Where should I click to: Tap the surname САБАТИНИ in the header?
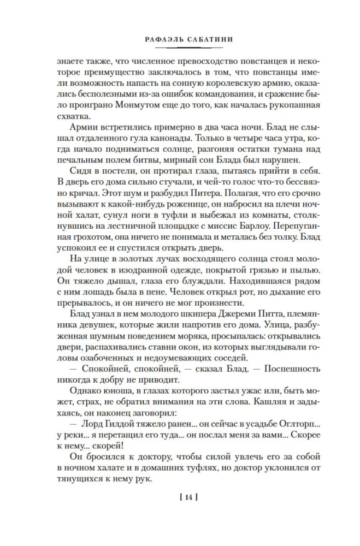[204, 39]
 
